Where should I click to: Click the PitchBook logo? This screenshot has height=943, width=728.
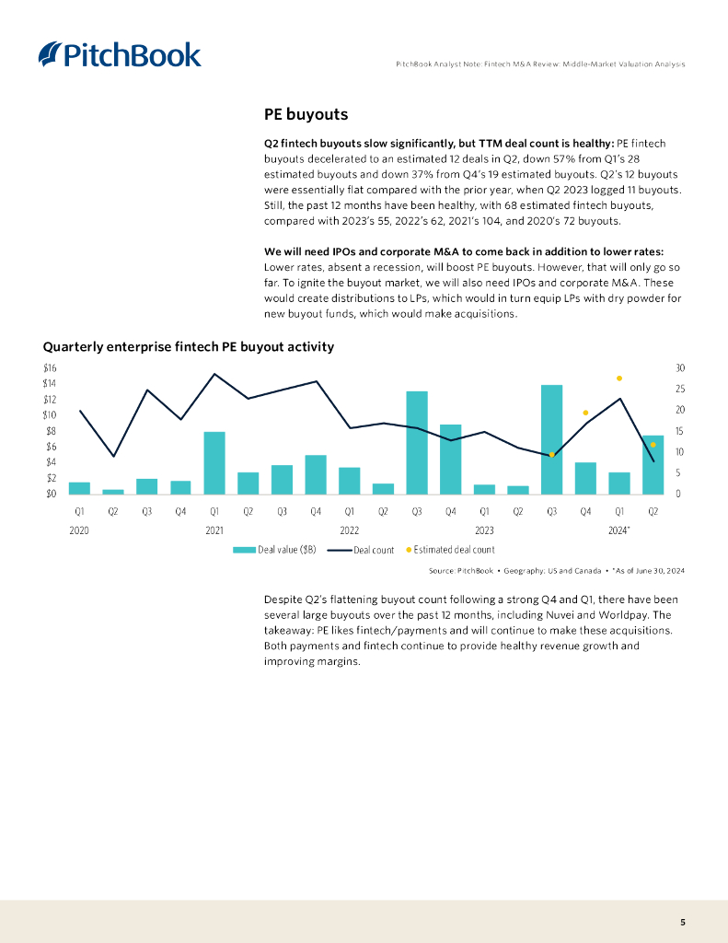(x=120, y=54)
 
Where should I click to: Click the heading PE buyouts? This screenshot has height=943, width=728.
(x=306, y=115)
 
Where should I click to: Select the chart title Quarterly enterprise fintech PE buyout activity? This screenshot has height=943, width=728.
(x=188, y=347)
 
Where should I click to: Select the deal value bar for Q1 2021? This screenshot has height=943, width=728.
(x=214, y=462)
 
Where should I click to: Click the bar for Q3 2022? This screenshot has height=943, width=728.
(x=417, y=442)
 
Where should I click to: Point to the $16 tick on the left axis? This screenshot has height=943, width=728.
(x=49, y=367)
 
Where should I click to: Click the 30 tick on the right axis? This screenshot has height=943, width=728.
(x=680, y=367)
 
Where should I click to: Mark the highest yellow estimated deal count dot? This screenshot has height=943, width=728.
(x=619, y=378)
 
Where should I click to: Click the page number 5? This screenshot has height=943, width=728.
(x=682, y=922)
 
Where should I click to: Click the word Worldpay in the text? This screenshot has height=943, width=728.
(x=626, y=615)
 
